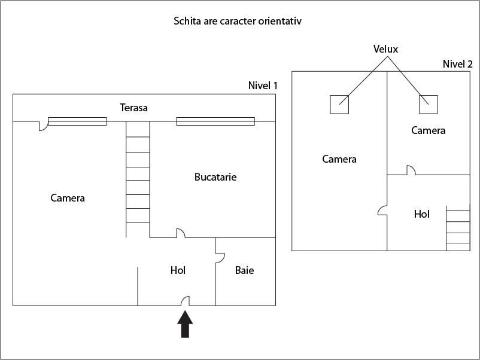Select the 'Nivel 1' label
coord(263,86)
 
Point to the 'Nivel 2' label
coord(457,64)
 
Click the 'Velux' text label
coord(385,49)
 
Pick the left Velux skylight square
coord(339,104)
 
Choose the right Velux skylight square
coord(428,104)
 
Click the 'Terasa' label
coord(133,108)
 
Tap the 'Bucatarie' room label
coord(215,177)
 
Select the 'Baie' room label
coord(244,270)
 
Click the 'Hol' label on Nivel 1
coord(178,270)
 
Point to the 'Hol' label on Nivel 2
coord(422,214)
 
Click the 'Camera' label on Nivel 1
coord(68,198)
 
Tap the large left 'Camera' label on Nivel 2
coord(339,159)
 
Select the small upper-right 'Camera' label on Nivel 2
coord(428,130)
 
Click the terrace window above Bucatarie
coord(215,121)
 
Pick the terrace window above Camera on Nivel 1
coord(77,121)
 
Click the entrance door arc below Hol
coord(186,300)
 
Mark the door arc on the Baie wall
coord(220,257)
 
